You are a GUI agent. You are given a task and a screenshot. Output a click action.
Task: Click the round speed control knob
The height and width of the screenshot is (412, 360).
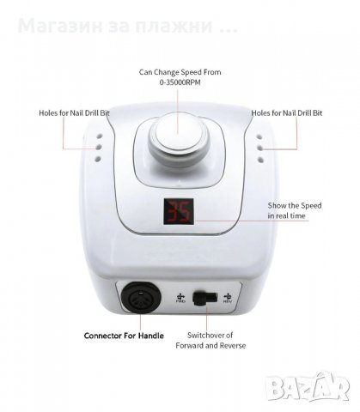pyautogui.click(x=178, y=138)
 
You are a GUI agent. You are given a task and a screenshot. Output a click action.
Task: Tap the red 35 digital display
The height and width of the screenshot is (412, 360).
pyautogui.click(x=179, y=211)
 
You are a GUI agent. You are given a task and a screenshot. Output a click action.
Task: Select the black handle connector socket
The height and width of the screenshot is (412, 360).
pyautogui.click(x=141, y=298)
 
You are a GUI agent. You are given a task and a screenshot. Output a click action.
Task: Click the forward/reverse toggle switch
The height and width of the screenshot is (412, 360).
pyautogui.click(x=204, y=298)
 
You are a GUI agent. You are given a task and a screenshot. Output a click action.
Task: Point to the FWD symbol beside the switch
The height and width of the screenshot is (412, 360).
pyautogui.click(x=180, y=298)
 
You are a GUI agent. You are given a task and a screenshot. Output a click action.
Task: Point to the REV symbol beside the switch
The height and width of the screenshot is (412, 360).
pyautogui.click(x=228, y=298)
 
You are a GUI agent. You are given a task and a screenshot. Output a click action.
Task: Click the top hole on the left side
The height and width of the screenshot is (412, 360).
pyautogui.click(x=99, y=136)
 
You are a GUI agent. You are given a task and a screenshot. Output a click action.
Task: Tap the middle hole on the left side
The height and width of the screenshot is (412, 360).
pyautogui.click(x=99, y=148)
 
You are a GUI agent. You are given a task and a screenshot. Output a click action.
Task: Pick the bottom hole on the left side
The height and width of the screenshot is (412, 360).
pyautogui.click(x=98, y=159)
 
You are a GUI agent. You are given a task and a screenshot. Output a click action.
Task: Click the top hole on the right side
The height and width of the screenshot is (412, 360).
pyautogui.click(x=259, y=137)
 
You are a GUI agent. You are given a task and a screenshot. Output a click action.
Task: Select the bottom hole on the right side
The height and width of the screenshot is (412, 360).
pyautogui.click(x=260, y=160)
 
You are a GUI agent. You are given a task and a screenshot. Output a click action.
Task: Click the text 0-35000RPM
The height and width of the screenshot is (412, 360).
pyautogui.click(x=180, y=82)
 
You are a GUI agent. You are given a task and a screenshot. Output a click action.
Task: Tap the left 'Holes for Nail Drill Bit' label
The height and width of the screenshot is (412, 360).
pyautogui.click(x=74, y=113)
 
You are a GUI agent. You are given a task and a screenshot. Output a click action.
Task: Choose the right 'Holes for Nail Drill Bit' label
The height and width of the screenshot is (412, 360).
pyautogui.click(x=287, y=113)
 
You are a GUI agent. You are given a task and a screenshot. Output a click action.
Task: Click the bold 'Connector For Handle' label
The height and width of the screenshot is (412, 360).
pyautogui.click(x=124, y=336)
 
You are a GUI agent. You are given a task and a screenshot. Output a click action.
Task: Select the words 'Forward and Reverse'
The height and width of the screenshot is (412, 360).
pyautogui.click(x=211, y=346)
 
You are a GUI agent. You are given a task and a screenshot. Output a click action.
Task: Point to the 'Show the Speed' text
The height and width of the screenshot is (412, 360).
pyautogui.click(x=295, y=206)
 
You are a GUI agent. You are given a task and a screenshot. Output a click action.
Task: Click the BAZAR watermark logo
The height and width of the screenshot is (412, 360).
pyautogui.click(x=308, y=388)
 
